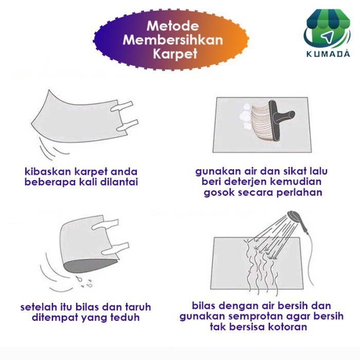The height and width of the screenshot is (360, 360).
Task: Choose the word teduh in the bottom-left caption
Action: tap(126, 317)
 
